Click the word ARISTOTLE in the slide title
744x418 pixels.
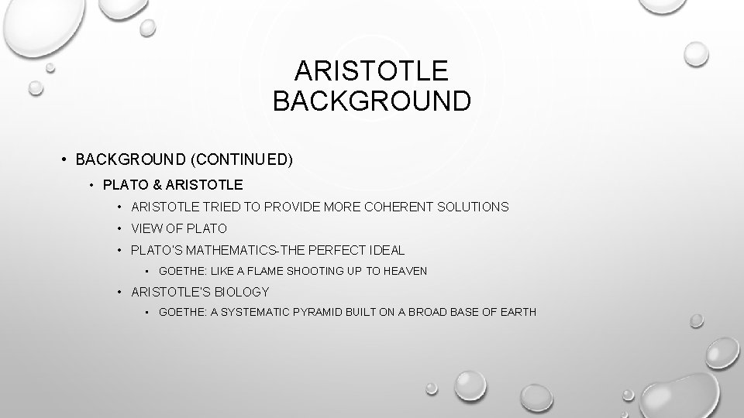(371, 71)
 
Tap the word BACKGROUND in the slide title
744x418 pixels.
(371, 101)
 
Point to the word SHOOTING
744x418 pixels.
(309, 271)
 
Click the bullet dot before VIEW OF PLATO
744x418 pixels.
(120, 228)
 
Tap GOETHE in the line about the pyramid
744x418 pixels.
(178, 312)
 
